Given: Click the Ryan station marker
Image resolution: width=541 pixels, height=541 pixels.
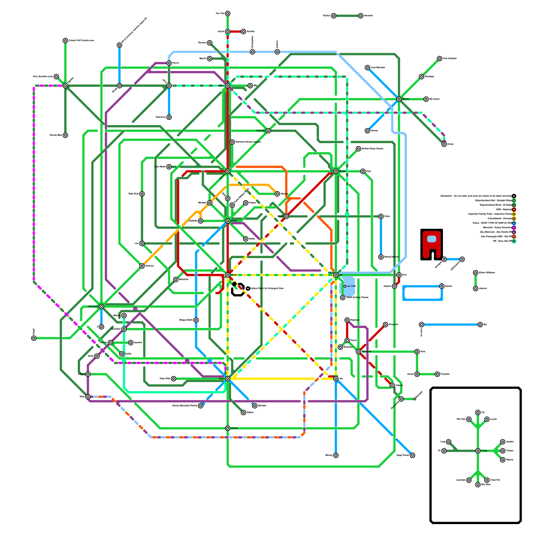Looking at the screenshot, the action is [228, 379].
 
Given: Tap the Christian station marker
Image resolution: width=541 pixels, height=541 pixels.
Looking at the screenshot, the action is [101, 307].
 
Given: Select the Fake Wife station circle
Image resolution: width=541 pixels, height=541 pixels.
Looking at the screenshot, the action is [173, 379].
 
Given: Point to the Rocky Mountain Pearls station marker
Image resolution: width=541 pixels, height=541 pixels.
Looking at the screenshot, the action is [201, 406].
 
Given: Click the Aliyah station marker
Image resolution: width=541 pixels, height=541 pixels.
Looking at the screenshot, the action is [228, 428].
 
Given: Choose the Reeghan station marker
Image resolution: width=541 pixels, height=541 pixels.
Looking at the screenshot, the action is [358, 352].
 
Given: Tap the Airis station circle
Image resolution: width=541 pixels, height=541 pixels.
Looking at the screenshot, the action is [417, 352].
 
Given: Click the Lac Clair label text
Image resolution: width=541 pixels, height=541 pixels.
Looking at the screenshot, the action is [351, 286].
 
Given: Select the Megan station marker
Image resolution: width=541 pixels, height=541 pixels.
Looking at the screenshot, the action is [336, 171].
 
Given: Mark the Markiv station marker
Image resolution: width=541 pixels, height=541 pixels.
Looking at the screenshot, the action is [399, 99].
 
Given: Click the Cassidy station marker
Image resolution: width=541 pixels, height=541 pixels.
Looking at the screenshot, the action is [268, 131].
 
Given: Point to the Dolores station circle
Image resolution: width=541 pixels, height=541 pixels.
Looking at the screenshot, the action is [142, 266].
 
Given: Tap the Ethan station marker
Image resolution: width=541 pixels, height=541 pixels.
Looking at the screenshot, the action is [228, 221].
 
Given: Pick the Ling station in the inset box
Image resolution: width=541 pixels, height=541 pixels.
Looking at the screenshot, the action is [448, 442].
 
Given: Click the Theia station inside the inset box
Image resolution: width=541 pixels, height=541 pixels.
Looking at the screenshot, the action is [478, 451].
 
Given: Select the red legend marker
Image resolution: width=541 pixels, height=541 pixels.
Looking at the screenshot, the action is [514, 210].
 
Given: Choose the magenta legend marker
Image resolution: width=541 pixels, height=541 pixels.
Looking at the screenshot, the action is [514, 228].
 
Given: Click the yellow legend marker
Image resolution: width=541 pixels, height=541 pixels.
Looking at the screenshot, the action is [514, 214].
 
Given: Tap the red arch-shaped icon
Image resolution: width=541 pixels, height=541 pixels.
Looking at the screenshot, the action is [431, 244].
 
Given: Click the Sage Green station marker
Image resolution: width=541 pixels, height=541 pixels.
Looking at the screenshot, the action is [413, 455].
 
